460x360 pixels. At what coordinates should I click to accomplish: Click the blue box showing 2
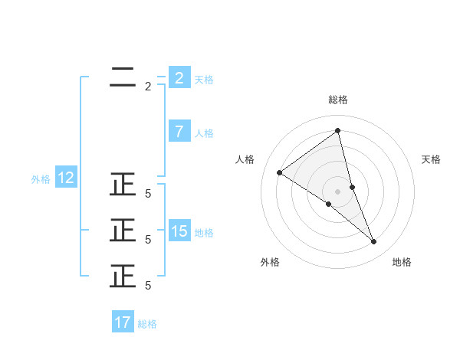[179, 78]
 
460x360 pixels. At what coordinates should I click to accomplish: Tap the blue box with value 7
[179, 132]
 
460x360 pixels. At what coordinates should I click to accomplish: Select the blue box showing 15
[179, 231]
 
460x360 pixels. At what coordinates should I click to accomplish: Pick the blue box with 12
[66, 178]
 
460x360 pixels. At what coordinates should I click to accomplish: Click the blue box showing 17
[123, 322]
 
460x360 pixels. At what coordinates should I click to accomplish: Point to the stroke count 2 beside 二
[148, 87]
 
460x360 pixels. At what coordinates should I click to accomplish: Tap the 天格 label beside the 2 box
[204, 79]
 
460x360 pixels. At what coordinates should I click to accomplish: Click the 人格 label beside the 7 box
[204, 133]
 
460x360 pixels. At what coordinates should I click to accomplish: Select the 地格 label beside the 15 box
[204, 233]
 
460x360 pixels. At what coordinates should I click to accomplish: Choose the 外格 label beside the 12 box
[41, 179]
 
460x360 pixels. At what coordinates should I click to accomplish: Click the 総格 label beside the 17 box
[147, 324]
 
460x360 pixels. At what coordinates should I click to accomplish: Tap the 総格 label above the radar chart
[337, 100]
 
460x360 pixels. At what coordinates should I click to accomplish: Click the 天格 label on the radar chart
[432, 159]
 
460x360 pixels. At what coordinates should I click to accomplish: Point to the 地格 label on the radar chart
[402, 262]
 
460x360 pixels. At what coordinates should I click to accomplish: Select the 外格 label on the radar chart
[270, 262]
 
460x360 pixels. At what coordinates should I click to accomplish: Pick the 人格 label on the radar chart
[245, 159]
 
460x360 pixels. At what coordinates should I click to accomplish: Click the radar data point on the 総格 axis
[337, 130]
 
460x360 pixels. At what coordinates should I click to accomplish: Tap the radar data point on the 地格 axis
[374, 242]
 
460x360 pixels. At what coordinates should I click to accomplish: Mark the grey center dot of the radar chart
[337, 191]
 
